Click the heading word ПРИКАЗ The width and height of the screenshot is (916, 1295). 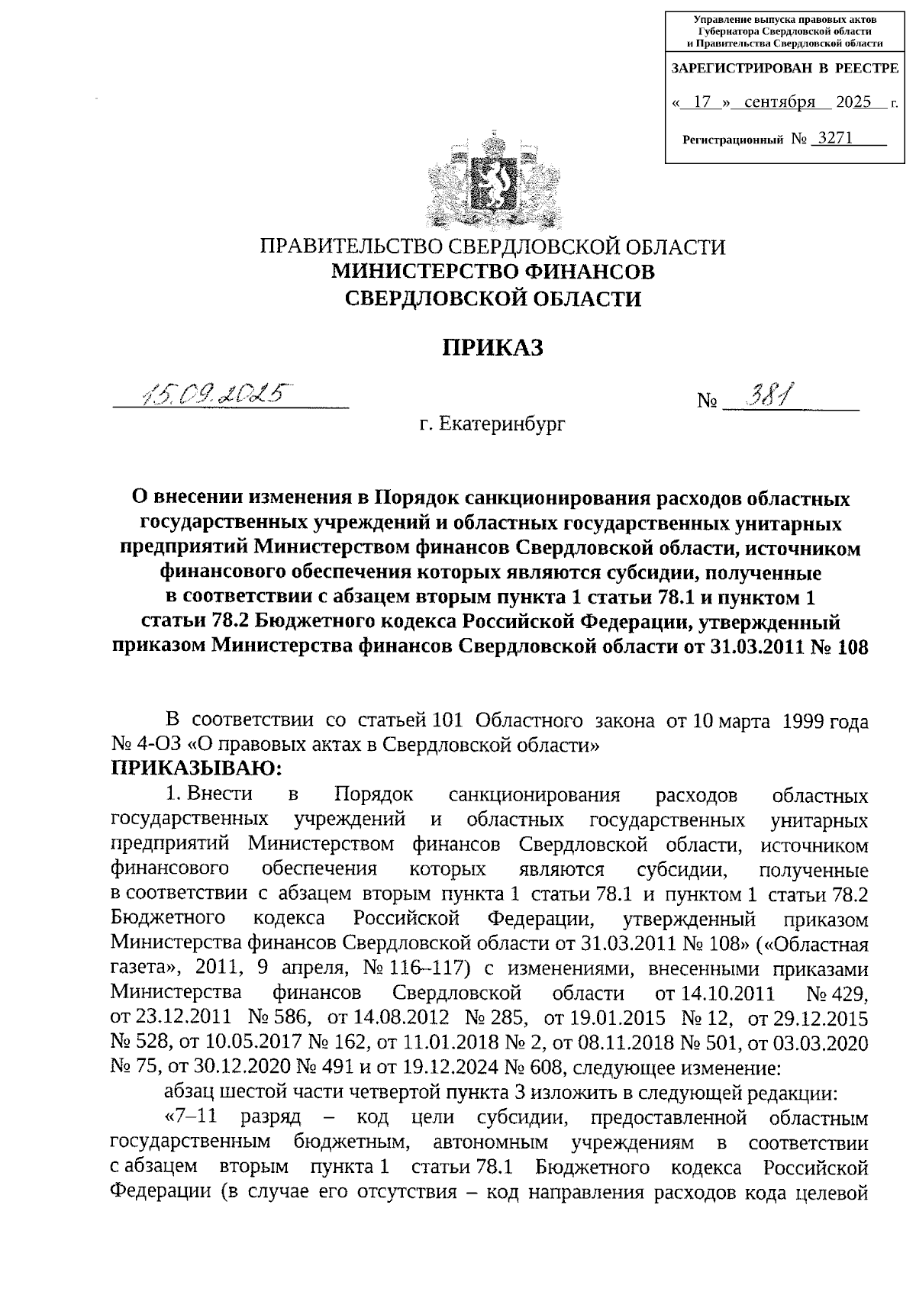(x=493, y=347)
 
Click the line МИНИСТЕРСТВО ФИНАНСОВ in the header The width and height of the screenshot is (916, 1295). (x=493, y=272)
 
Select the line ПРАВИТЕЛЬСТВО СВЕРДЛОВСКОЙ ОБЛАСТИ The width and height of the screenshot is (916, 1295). (x=493, y=246)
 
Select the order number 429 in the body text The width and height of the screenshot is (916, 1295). (x=850, y=994)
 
